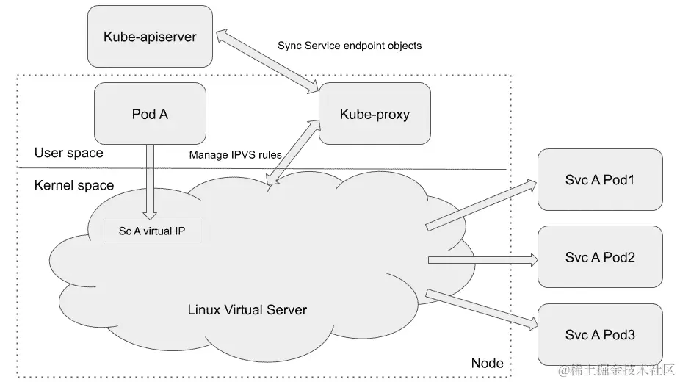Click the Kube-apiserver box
[150, 36]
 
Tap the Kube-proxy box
[375, 114]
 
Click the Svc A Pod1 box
[599, 179]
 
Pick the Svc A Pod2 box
[599, 257]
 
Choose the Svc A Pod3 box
[599, 335]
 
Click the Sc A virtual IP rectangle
[152, 231]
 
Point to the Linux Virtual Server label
[247, 309]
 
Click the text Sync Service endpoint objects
[350, 46]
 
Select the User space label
[69, 153]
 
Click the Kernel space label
[74, 185]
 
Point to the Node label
[486, 363]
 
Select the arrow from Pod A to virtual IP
[150, 180]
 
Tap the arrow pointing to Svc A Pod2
[481, 259]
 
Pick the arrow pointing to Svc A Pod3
[481, 308]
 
